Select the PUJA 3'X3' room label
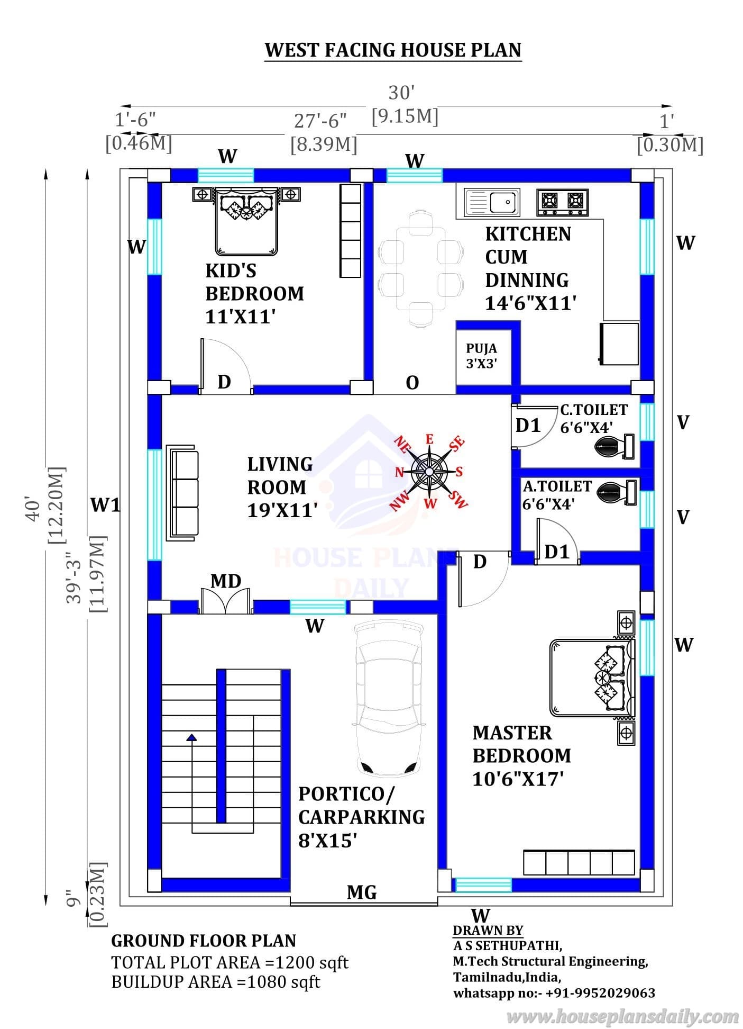pyautogui.click(x=481, y=356)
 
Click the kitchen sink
pyautogui.click(x=492, y=202)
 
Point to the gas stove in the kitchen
pyautogui.click(x=563, y=202)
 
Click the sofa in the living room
pyautogui.click(x=182, y=493)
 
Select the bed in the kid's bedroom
pyautogui.click(x=246, y=220)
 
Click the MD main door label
pyautogui.click(x=226, y=581)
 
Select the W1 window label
pyautogui.click(x=106, y=505)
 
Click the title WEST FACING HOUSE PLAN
pyautogui.click(x=393, y=50)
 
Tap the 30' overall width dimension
pyautogui.click(x=401, y=93)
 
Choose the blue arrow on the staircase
pyautogui.click(x=191, y=737)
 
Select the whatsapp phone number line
pyautogui.click(x=554, y=993)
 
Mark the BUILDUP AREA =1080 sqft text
pyautogui.click(x=216, y=982)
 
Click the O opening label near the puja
pyautogui.click(x=412, y=383)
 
